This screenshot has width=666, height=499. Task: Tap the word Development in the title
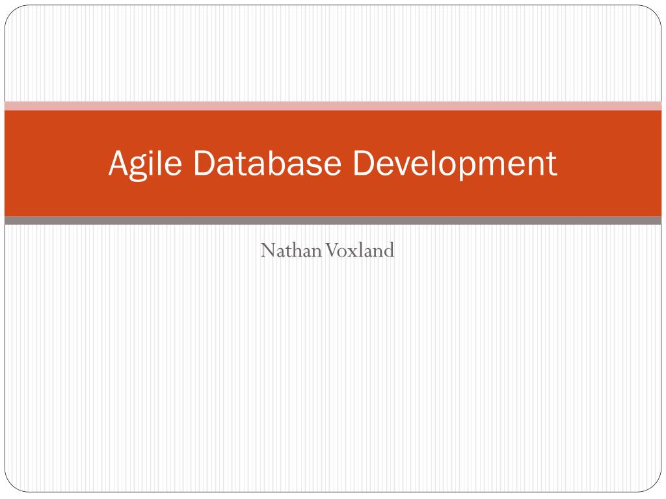coord(455,163)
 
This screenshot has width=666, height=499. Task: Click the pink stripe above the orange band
coord(333,106)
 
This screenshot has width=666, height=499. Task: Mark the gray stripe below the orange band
coord(333,221)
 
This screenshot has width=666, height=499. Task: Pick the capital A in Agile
coord(118,163)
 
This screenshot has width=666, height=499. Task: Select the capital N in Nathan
coord(266,249)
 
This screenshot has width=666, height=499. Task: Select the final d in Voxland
coord(389,249)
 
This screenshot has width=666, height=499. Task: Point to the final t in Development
coord(552,164)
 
